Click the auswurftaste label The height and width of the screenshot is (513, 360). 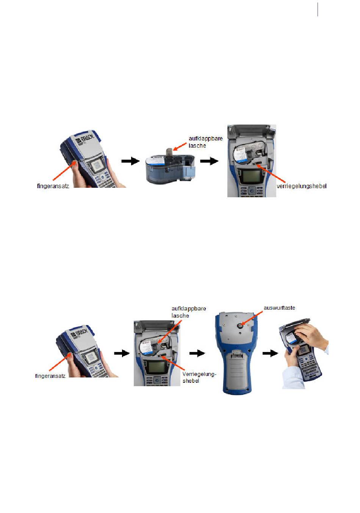(x=279, y=308)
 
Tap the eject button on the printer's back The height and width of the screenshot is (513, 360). (x=240, y=326)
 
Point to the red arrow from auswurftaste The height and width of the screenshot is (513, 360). (x=252, y=318)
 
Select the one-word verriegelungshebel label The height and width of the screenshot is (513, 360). (x=302, y=186)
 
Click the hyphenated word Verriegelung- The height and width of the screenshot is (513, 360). (x=199, y=374)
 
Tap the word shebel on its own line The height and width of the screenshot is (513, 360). (x=191, y=381)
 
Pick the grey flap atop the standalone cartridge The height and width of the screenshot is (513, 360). (x=169, y=153)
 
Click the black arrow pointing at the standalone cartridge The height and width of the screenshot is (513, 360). (x=130, y=161)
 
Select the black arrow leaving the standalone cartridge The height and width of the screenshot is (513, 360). (x=209, y=161)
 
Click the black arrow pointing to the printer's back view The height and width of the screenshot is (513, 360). (x=197, y=353)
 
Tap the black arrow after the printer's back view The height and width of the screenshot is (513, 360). (x=270, y=353)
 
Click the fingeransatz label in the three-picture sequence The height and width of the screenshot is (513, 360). (x=53, y=186)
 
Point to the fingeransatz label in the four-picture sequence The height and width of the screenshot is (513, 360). (x=50, y=376)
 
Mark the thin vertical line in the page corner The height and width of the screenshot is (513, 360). (x=318, y=9)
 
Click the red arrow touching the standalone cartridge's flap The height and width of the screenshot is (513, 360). (x=180, y=147)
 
